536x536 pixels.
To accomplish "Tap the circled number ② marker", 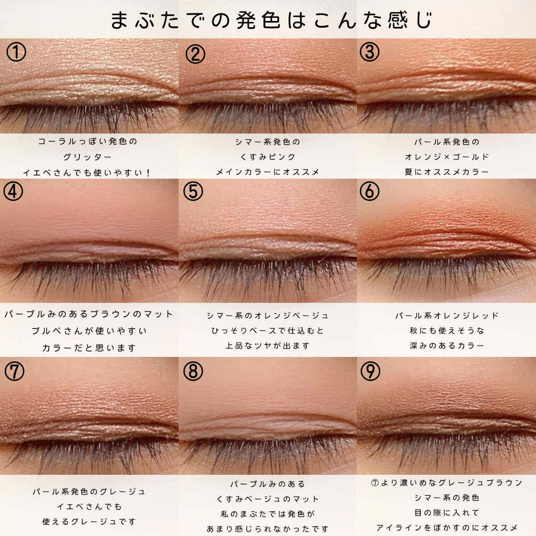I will (x=195, y=54).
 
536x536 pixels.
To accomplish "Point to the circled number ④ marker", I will (x=14, y=191).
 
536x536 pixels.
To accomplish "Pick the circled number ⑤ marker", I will (x=193, y=192).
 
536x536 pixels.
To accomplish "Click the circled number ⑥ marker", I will (x=370, y=192).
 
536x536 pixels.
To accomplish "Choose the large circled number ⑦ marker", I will (x=14, y=371).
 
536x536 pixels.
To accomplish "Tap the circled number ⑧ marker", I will (x=193, y=371).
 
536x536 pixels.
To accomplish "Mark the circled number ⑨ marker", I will (x=370, y=371).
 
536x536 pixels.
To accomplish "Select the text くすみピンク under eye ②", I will (x=267, y=156).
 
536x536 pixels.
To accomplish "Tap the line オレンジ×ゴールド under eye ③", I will (x=446, y=156).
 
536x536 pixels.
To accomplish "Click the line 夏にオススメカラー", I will (x=446, y=171).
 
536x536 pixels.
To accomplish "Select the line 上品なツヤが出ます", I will (x=267, y=345).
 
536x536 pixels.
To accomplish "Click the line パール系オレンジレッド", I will (x=446, y=316).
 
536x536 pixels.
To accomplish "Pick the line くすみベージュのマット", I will (x=267, y=499).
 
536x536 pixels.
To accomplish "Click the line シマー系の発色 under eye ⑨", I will (x=446, y=497).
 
